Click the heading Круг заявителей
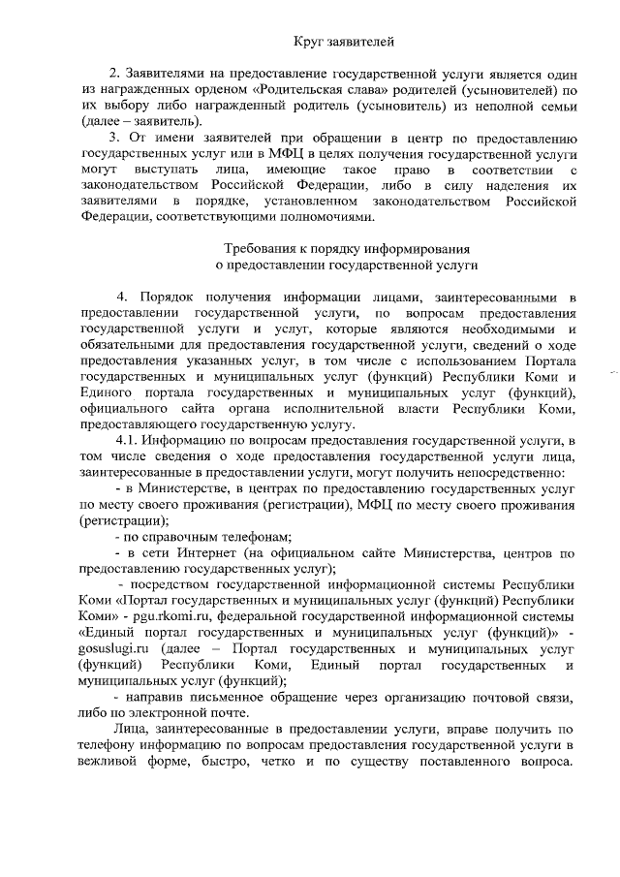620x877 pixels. click(x=344, y=41)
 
